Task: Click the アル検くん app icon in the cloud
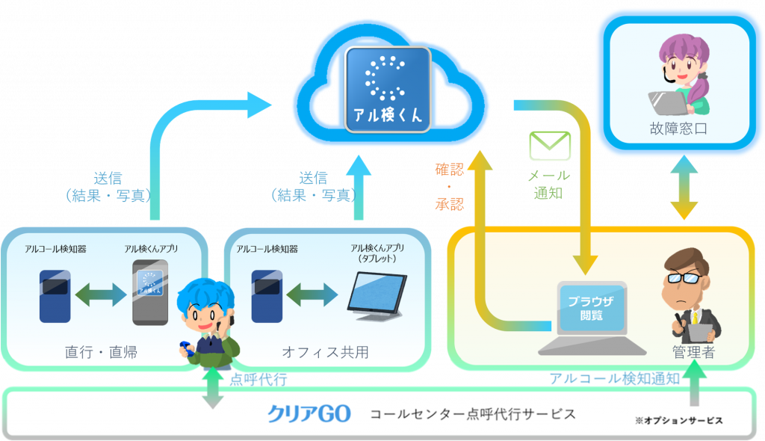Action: click(388, 90)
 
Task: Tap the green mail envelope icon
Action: click(550, 146)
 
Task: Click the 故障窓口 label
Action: click(678, 129)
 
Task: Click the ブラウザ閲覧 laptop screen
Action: click(592, 308)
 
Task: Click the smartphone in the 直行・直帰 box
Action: click(150, 292)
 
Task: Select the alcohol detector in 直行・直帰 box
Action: click(55, 296)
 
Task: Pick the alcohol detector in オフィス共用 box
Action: click(267, 296)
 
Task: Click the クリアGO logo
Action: click(309, 414)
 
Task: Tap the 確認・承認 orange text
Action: click(449, 187)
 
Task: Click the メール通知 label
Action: click(549, 184)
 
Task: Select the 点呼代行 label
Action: click(258, 380)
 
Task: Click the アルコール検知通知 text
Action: click(615, 378)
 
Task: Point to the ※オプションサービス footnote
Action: click(678, 421)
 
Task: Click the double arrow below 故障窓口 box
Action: click(684, 187)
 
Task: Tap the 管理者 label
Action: click(693, 351)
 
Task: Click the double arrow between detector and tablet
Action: click(312, 294)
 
